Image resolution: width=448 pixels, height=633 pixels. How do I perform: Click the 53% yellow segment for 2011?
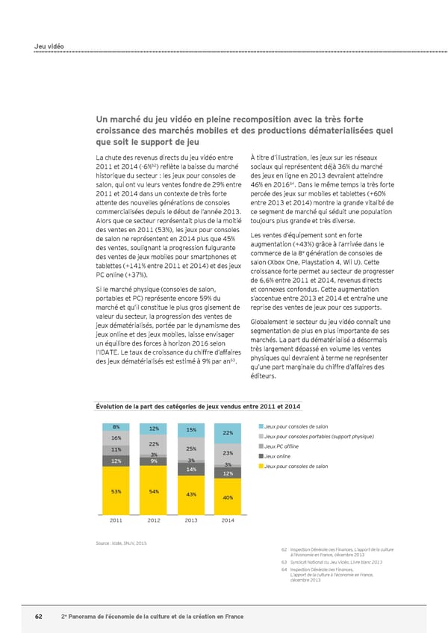point(116,491)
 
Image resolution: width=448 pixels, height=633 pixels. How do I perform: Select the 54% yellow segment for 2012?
point(154,490)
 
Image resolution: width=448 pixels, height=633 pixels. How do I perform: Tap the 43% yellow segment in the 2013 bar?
point(191,495)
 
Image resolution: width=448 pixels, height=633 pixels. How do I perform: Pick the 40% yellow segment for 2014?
point(228,497)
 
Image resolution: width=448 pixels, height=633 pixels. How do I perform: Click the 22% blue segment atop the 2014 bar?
point(228,434)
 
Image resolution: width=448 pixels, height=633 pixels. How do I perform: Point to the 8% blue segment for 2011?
point(116,427)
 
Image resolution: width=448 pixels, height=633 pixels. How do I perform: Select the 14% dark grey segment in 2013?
point(191,469)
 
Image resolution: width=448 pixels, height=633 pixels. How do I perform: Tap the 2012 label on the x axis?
point(154,520)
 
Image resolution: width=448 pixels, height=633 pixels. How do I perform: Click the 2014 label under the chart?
point(228,520)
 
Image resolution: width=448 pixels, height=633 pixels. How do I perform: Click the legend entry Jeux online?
point(278,456)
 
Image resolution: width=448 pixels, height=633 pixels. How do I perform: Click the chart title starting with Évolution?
point(198,406)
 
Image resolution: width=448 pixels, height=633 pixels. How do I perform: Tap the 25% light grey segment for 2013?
point(191,449)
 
